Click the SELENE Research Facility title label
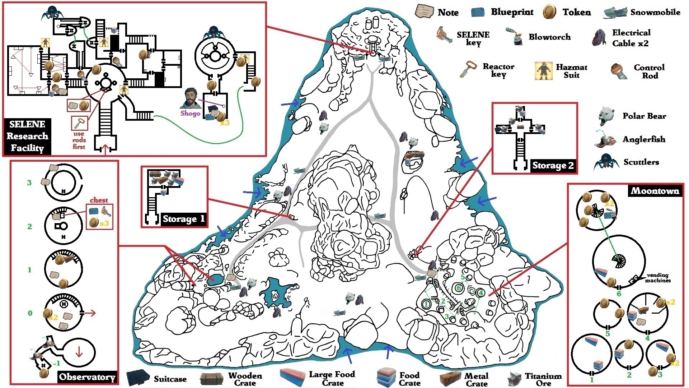(27, 136)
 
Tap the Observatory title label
(87, 377)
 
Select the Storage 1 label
(183, 219)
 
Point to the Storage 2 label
(553, 165)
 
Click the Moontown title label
(655, 190)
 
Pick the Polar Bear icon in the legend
(607, 116)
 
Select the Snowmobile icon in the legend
(615, 12)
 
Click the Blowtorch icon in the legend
(514, 36)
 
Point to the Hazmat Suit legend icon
(543, 71)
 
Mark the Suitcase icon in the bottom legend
(138, 378)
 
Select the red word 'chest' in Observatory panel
(99, 200)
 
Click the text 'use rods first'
(79, 140)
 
